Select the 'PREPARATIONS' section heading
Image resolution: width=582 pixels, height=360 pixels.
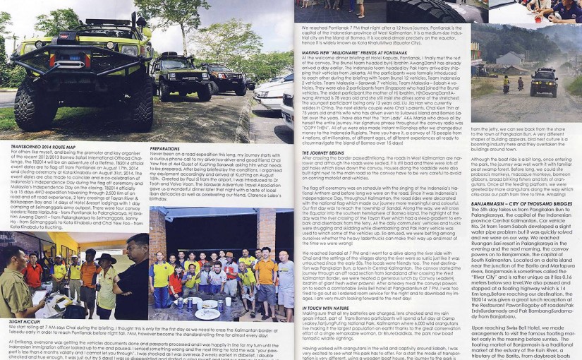(x=164, y=148)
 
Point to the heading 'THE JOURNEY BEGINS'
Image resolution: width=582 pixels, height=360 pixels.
(x=323, y=152)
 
